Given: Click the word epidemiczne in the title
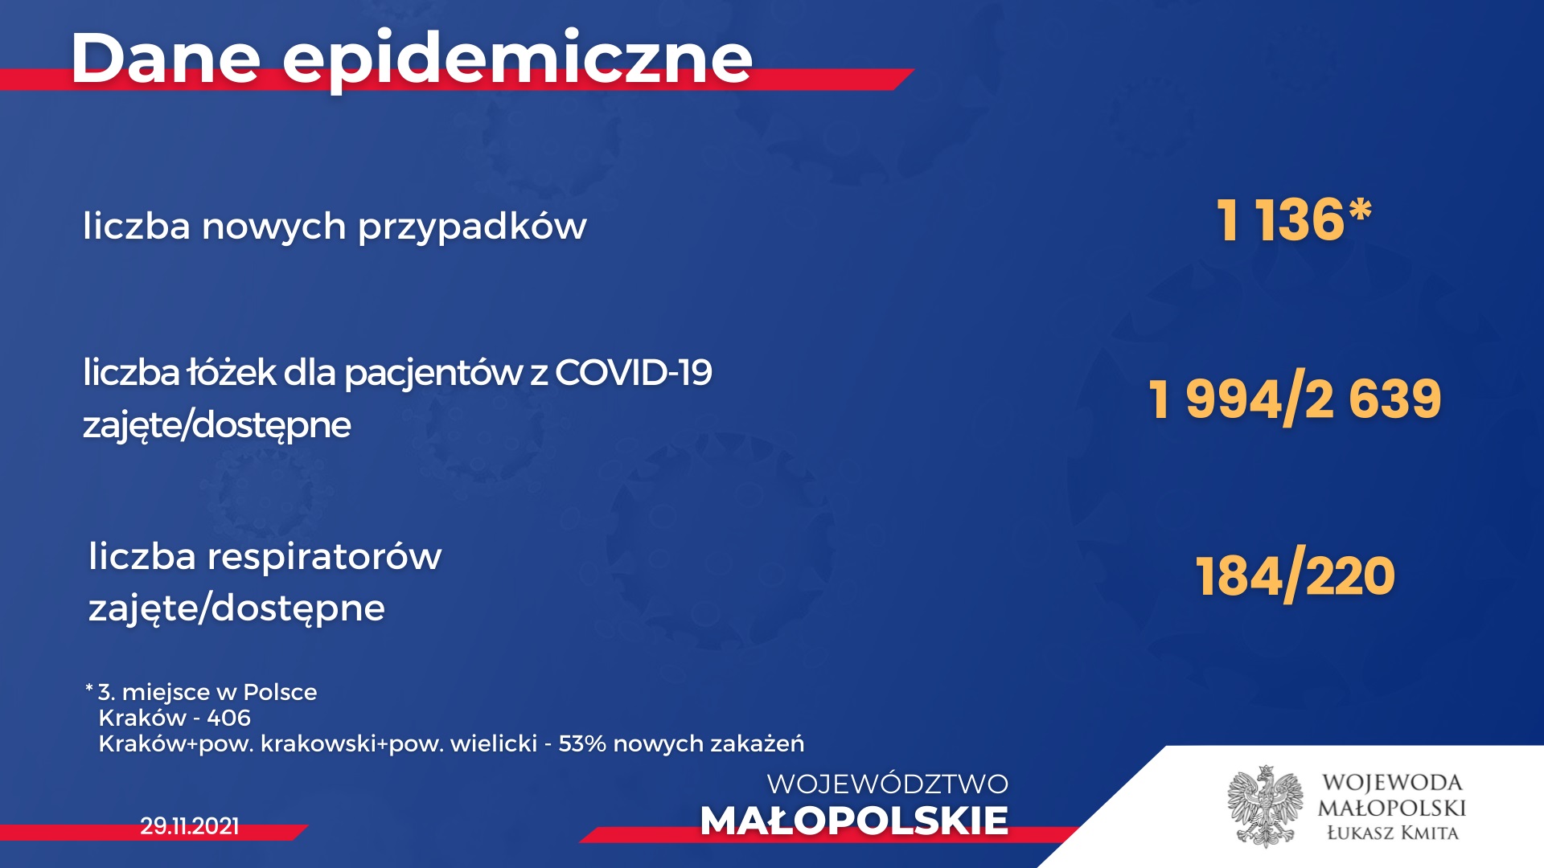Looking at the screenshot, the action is (518, 61).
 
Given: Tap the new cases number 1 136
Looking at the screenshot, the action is (1280, 219).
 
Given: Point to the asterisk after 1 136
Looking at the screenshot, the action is (1360, 211).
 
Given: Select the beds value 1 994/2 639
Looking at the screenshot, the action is (1296, 399).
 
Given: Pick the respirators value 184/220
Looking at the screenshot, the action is (1296, 577).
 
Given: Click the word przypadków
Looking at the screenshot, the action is (472, 227).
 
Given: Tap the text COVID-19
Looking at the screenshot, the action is (634, 372).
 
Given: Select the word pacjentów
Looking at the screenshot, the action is (433, 374).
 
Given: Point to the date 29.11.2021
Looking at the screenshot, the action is (190, 826).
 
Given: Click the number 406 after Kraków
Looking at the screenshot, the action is (228, 718).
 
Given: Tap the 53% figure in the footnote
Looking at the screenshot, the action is (582, 743).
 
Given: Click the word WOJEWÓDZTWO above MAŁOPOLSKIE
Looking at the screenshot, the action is (888, 784).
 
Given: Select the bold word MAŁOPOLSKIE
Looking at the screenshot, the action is (854, 821).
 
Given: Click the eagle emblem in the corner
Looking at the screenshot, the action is (1266, 806).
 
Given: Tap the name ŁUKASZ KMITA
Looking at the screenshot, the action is (1392, 833).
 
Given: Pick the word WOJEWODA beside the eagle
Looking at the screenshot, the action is (1392, 782).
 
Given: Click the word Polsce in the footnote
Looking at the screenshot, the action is (280, 692).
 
